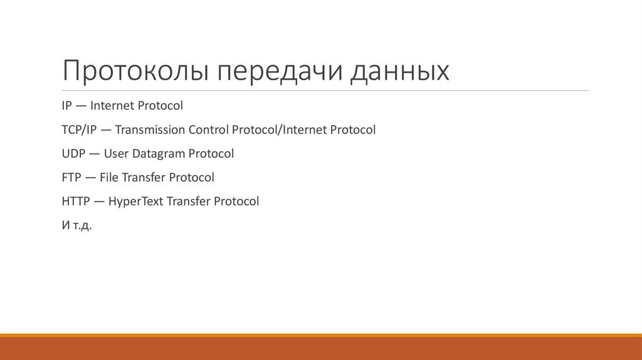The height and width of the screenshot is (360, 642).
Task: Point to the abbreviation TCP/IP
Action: point(78,130)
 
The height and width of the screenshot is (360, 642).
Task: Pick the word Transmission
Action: point(150,130)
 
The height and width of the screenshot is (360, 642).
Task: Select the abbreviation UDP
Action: point(73,154)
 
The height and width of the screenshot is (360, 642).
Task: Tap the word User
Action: point(116,154)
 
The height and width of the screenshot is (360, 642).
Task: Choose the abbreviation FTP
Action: point(71,177)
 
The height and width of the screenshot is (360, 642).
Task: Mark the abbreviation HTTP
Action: point(76,201)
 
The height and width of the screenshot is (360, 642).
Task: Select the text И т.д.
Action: point(76,225)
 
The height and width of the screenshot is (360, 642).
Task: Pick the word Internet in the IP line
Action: point(117,106)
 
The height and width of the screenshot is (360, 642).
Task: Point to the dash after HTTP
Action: point(100,202)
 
